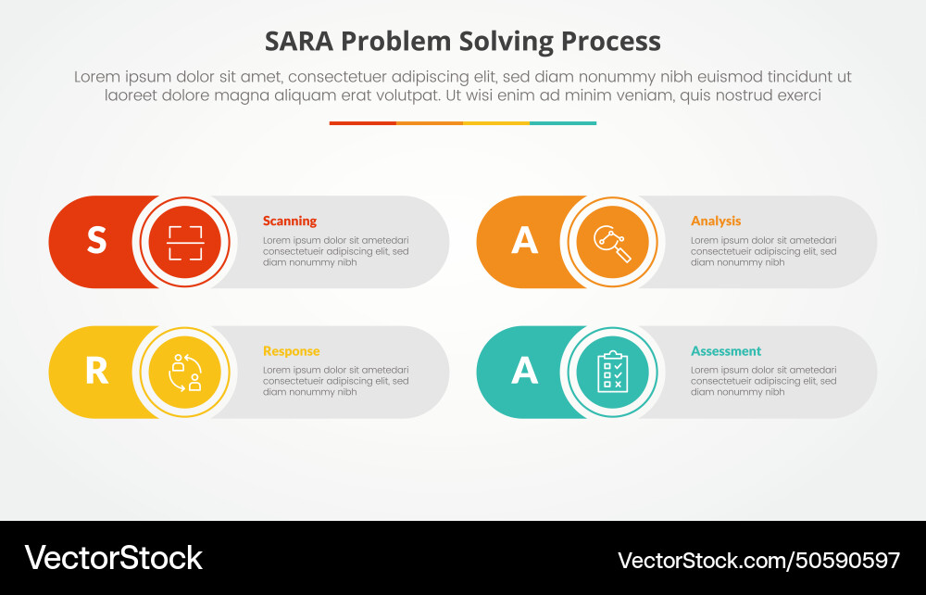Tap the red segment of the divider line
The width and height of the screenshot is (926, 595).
click(x=362, y=122)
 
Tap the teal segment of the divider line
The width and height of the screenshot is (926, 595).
click(x=563, y=122)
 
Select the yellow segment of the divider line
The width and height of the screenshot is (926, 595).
click(x=496, y=122)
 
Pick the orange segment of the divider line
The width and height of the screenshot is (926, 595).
click(x=430, y=122)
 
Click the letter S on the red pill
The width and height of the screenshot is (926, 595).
click(x=96, y=241)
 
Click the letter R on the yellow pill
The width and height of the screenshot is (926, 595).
click(x=96, y=372)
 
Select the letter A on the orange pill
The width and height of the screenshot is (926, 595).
click(x=524, y=241)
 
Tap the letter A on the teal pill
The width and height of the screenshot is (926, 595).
click(x=524, y=372)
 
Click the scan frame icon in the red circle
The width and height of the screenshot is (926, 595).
click(x=185, y=242)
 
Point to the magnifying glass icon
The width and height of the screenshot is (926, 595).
click(x=613, y=243)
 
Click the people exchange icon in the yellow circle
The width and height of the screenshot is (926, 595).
click(x=185, y=372)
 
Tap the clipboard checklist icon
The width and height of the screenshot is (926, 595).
click(x=613, y=372)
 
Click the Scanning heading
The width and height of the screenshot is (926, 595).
click(x=289, y=221)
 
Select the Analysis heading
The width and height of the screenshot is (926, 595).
click(x=716, y=221)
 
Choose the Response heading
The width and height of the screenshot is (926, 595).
click(x=291, y=351)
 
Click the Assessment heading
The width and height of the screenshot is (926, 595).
click(x=726, y=351)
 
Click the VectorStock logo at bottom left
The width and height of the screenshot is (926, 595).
click(x=113, y=558)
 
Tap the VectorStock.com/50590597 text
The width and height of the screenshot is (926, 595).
click(x=758, y=560)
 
